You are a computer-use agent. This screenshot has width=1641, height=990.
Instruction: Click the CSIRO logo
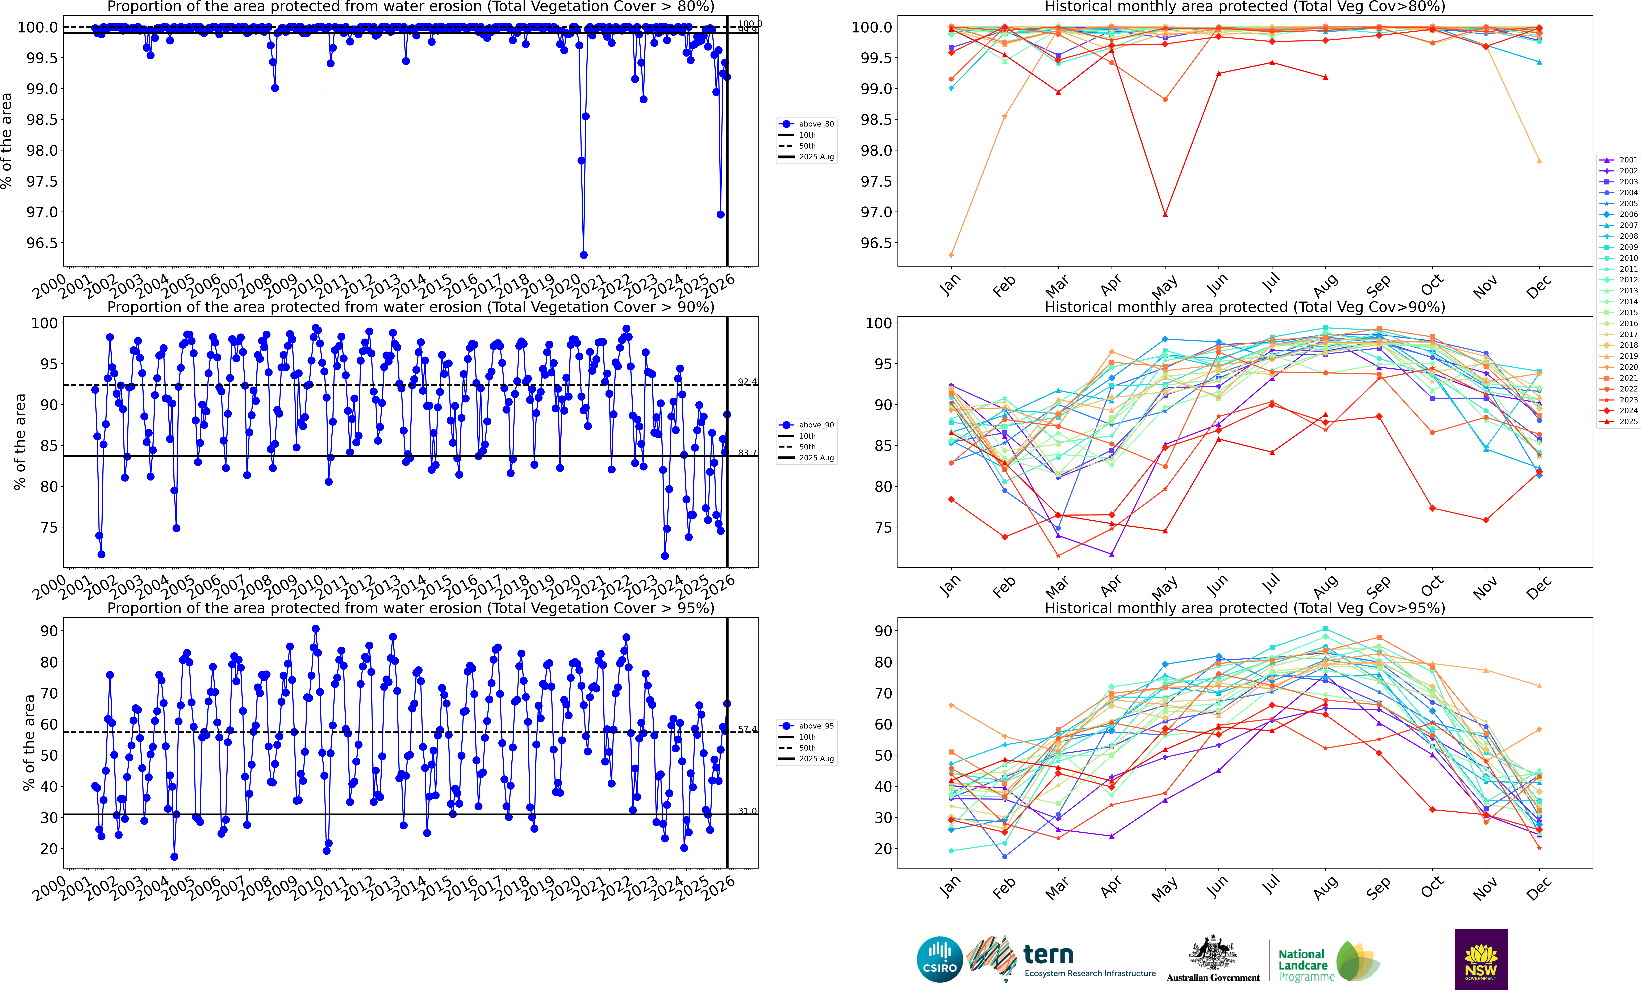(x=939, y=959)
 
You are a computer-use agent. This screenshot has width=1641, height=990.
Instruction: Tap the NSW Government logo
(x=1480, y=959)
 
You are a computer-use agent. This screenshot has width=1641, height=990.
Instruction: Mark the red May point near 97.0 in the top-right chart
(x=1165, y=214)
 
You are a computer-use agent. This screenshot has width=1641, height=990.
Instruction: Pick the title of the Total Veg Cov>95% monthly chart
(x=1245, y=608)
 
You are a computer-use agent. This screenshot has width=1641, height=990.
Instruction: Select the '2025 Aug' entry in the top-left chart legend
(x=816, y=157)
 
